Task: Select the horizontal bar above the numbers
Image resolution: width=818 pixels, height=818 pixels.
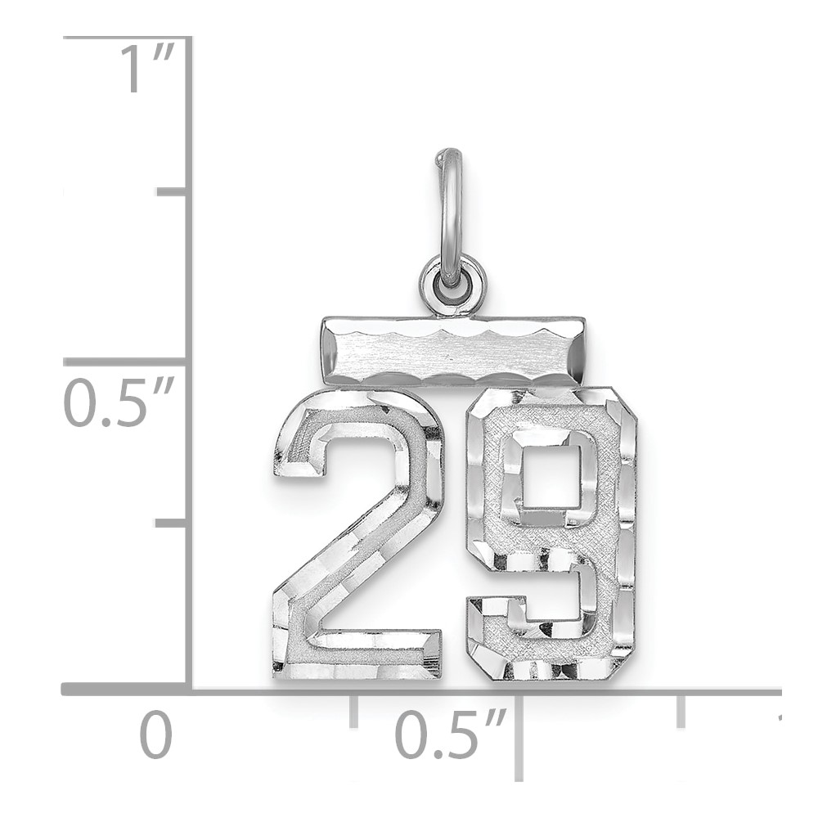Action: (x=452, y=351)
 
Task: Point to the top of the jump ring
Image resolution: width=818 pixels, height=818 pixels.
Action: (x=448, y=152)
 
